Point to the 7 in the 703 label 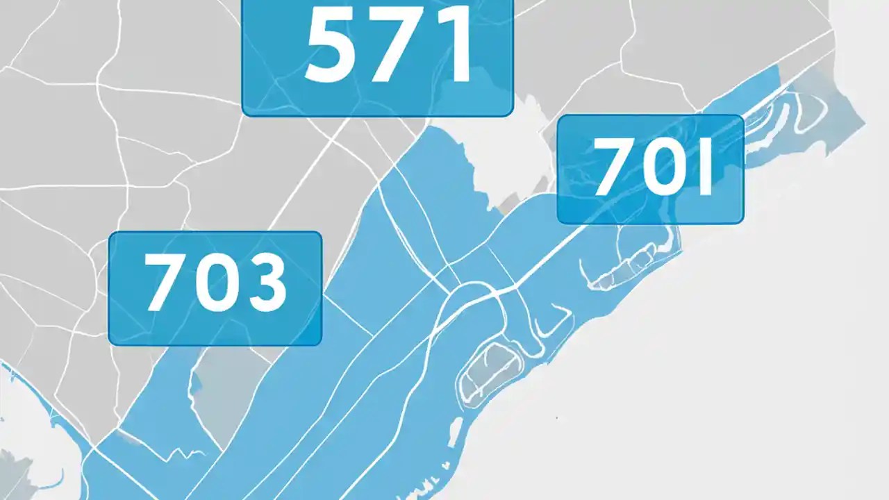click(161, 282)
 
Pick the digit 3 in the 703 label click(264, 282)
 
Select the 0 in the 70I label click(660, 167)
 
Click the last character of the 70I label click(705, 167)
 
